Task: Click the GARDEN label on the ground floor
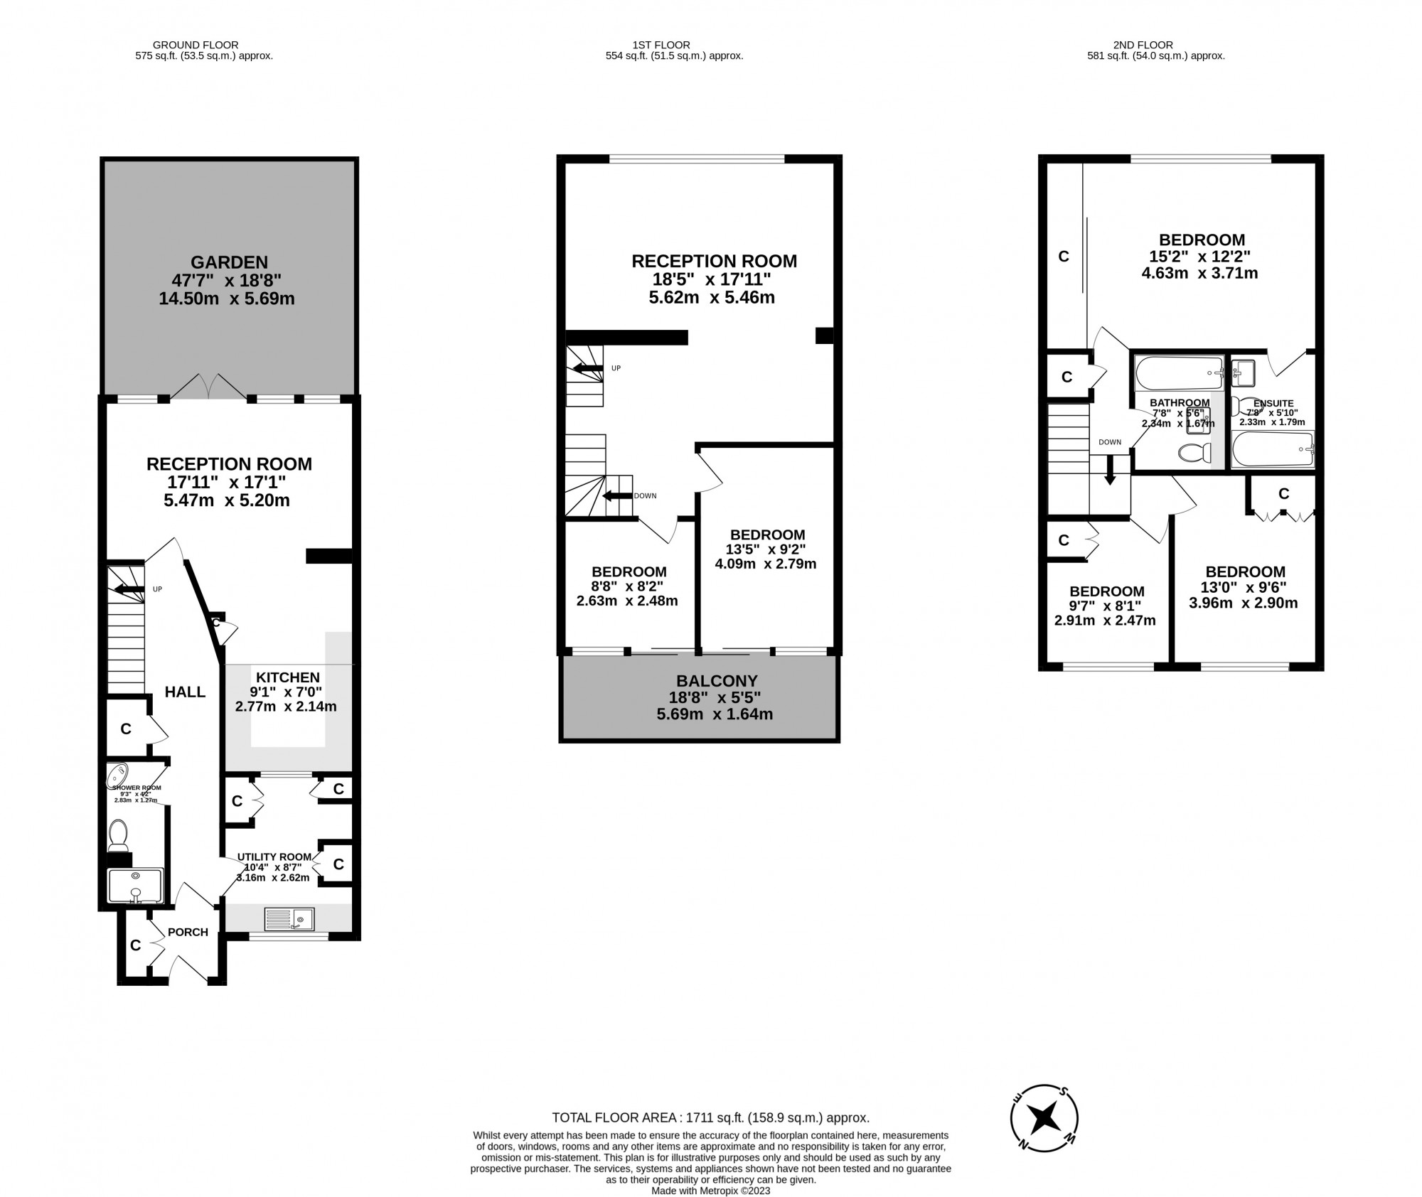[228, 262]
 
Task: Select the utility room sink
[289, 919]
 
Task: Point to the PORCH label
[188, 932]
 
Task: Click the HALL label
[185, 692]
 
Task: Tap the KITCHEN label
[288, 677]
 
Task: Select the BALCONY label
[716, 680]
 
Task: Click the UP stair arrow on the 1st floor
[587, 368]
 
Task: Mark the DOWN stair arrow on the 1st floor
[617, 496]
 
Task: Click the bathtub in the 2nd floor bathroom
[1178, 372]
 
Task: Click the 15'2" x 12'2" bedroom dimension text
[1200, 256]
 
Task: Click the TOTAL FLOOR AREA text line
[710, 1117]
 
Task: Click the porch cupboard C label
[135, 945]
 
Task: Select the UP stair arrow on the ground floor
[128, 589]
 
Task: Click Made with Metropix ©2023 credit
[710, 1191]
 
